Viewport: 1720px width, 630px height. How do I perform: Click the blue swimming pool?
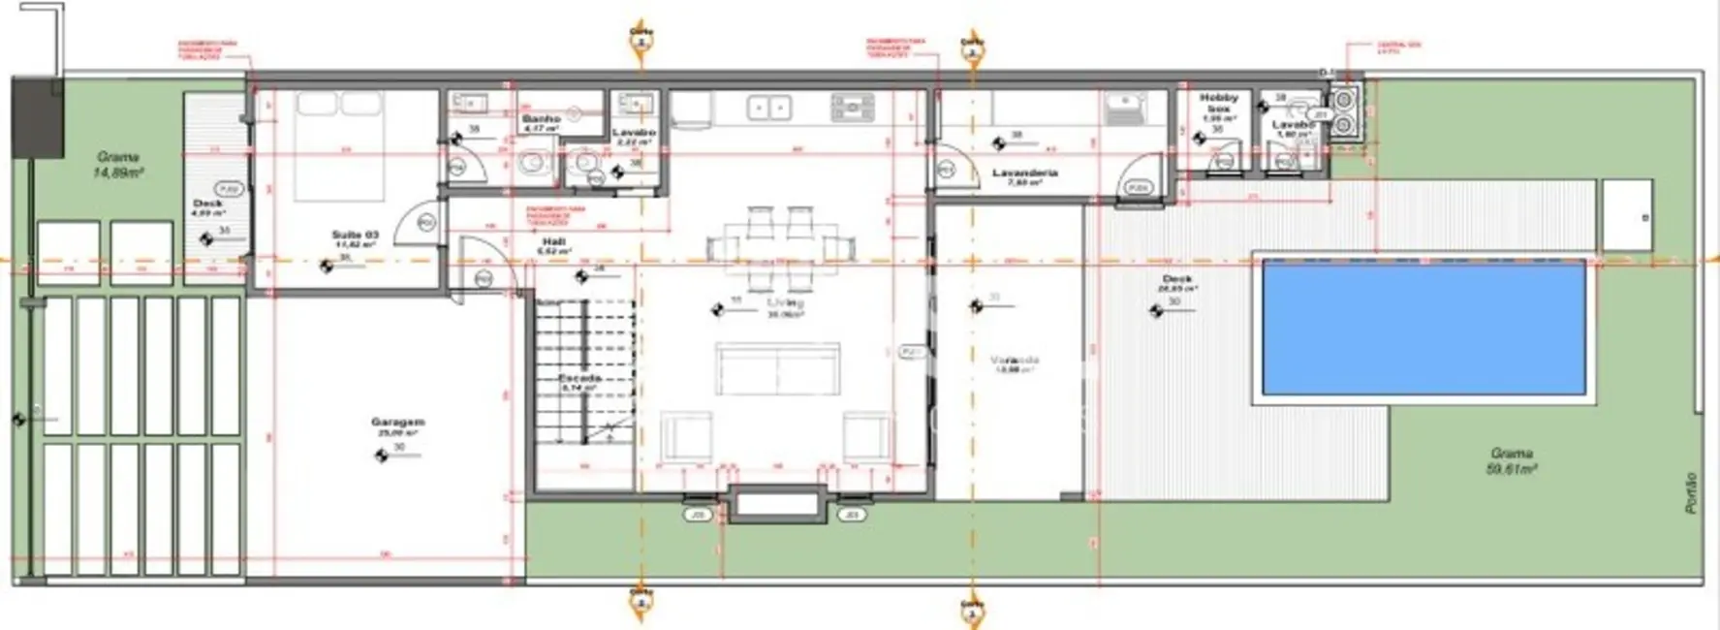1423,327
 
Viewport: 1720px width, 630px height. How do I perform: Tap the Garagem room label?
397,423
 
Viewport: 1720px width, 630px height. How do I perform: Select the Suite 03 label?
355,236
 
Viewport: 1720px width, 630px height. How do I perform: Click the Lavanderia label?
1024,173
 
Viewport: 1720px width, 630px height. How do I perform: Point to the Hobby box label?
1218,103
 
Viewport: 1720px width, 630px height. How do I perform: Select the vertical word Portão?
1692,492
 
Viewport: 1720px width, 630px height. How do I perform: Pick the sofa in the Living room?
778,368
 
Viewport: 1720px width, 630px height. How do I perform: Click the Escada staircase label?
579,378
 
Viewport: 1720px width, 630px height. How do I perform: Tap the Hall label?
553,242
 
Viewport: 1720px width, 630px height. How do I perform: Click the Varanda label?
1015,361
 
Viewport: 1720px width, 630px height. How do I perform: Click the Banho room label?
541,119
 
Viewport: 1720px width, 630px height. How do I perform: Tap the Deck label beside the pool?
1176,279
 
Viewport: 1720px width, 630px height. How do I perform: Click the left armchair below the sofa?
686,436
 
